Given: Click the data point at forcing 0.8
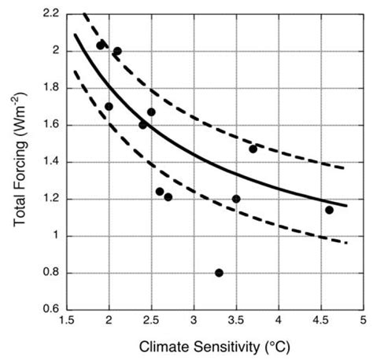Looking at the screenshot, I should point(219,273).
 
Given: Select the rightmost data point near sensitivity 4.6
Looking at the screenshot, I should point(329,210).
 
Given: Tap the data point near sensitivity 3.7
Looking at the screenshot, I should point(253,149).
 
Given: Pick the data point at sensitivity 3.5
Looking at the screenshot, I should point(236,199).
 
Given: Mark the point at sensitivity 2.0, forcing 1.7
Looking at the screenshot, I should point(109,106).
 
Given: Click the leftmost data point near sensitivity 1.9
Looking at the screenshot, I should point(101,45).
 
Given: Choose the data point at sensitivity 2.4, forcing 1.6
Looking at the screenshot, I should point(143,124).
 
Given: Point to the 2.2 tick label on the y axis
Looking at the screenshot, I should point(50,14).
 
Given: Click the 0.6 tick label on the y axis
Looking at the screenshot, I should point(50,310).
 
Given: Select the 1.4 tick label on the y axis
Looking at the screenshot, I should point(50,162).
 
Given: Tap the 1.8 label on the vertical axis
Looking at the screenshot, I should point(50,88).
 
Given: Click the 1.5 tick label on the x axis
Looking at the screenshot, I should point(67,321).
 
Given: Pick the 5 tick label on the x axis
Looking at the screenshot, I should point(363,321).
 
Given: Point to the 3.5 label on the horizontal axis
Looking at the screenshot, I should point(236,321).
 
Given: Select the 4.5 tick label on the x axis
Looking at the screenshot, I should point(321,321).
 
